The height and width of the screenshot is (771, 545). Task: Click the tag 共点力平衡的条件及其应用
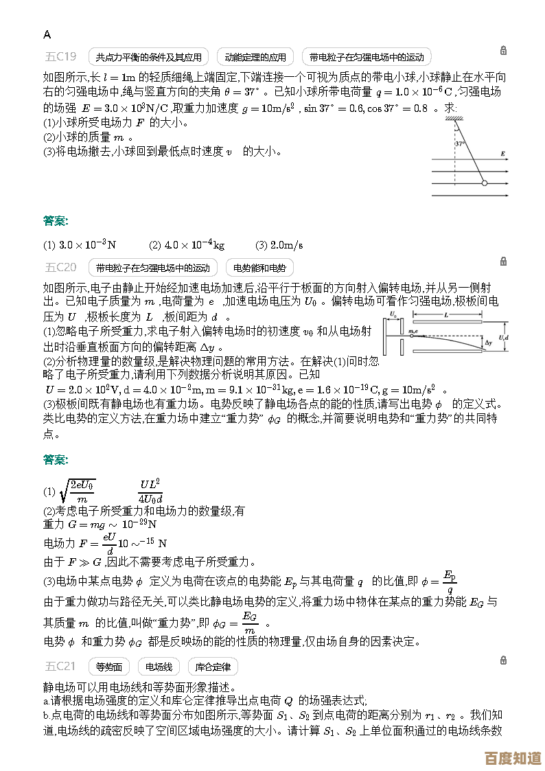pos(149,57)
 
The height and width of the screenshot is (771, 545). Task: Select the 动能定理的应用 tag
pos(255,57)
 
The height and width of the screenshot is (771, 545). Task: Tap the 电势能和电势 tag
pos(259,268)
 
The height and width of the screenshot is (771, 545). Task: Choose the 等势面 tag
pos(109,666)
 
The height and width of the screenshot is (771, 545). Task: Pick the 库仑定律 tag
pos(213,666)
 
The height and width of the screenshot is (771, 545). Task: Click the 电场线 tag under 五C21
pos(159,666)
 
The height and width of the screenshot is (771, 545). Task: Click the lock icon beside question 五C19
pos(503,51)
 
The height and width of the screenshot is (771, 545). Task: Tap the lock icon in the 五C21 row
pos(503,660)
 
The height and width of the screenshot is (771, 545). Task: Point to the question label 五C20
pos(61,267)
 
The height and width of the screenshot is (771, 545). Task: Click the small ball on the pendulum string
pos(484,183)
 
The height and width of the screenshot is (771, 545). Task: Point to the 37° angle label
pos(459,143)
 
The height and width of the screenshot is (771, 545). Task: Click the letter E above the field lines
pos(503,154)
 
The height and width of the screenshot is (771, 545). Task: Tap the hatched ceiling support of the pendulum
pos(453,120)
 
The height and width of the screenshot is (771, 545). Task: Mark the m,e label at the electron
pos(413,331)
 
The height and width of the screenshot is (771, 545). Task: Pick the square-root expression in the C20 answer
pos(78,492)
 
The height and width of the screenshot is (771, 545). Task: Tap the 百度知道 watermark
pos(512,758)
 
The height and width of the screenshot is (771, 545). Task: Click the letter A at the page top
pos(47,34)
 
